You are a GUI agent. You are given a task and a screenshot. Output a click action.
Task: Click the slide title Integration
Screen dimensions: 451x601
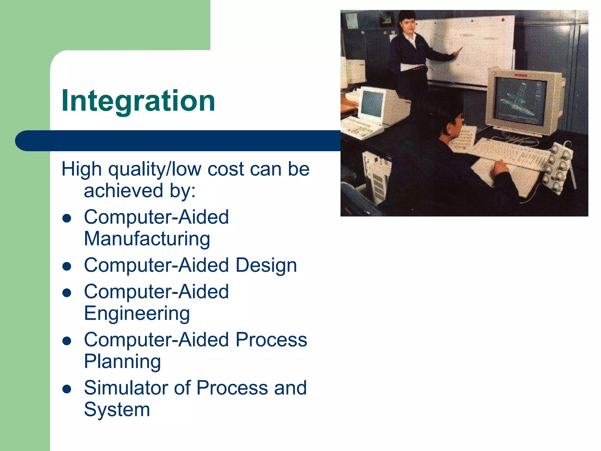[x=138, y=101]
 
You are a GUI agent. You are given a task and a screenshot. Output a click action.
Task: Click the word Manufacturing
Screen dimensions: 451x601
[x=147, y=238]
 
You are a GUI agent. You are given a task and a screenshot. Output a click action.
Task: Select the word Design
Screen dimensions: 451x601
[x=266, y=265]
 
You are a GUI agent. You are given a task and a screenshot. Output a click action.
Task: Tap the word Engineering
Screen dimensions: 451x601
[x=137, y=313]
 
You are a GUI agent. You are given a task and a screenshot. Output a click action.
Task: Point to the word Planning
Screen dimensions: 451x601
[x=122, y=361]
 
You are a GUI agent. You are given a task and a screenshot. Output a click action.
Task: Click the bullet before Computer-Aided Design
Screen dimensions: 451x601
[x=67, y=266]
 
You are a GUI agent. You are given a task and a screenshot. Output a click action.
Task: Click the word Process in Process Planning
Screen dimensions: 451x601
[x=271, y=340]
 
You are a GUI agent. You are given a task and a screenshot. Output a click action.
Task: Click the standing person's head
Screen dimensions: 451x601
[x=407, y=22]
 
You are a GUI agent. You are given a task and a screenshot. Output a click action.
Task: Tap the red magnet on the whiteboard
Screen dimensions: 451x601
[x=503, y=20]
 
